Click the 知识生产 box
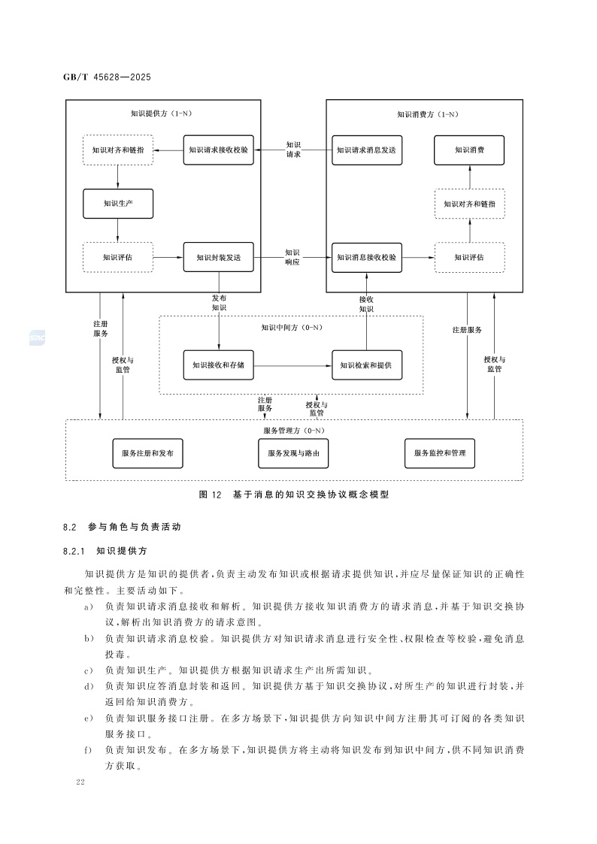[x=117, y=204]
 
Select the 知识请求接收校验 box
[x=218, y=150]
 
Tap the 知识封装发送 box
[x=218, y=258]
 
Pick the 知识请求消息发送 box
[x=365, y=150]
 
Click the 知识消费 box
[x=469, y=150]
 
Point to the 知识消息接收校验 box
[x=365, y=258]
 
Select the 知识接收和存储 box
[x=218, y=365]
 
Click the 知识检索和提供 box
[x=366, y=365]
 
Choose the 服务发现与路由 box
[x=292, y=453]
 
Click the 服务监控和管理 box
[x=440, y=453]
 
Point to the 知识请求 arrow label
[x=293, y=149]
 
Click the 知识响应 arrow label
[x=292, y=257]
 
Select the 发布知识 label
[x=219, y=303]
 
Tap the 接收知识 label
[x=366, y=304]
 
